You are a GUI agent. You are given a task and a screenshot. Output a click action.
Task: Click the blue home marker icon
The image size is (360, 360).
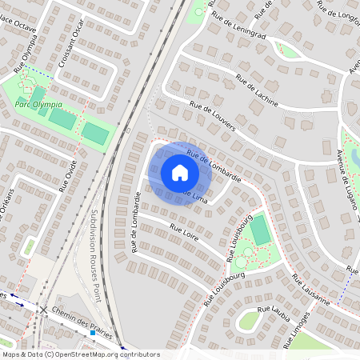[180, 173]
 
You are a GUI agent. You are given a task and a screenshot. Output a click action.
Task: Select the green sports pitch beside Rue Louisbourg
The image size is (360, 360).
[260, 230]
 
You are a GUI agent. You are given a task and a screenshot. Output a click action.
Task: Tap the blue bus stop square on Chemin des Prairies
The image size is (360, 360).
[93, 333]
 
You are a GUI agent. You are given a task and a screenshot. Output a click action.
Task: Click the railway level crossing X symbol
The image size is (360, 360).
[42, 309]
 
